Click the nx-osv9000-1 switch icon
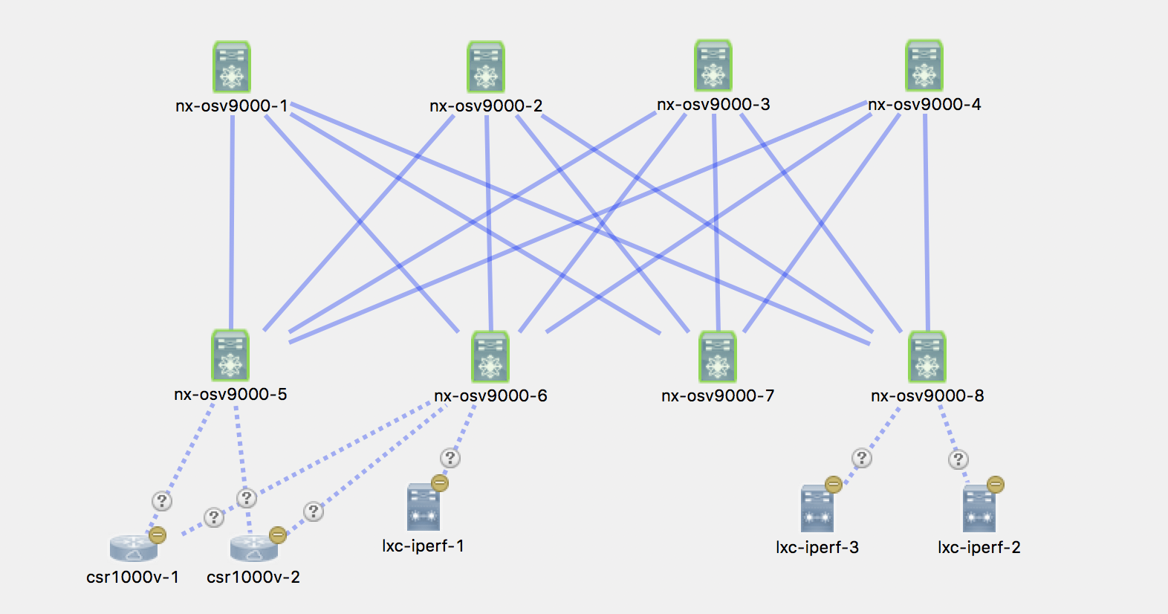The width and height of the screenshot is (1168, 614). tap(232, 67)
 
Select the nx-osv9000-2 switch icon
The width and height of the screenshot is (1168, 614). tap(486, 67)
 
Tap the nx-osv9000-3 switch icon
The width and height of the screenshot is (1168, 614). tap(713, 65)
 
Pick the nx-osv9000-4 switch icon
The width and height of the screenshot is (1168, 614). tap(924, 65)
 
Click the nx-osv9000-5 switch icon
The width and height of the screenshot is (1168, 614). tap(230, 355)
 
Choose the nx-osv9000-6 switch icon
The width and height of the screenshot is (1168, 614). tap(490, 357)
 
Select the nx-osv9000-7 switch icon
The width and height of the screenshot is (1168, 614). tap(718, 357)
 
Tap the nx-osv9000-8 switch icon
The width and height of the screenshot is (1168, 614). tap(927, 357)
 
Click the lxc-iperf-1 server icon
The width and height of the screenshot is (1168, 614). tap(424, 508)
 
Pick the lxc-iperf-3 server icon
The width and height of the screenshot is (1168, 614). tap(817, 510)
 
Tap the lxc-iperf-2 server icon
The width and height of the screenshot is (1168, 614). tap(979, 510)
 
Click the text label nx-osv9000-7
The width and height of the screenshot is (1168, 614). tap(718, 396)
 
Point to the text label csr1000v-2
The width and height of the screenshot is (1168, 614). tap(253, 578)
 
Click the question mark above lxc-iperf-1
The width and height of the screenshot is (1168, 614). tap(450, 458)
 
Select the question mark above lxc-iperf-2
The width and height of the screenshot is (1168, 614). tap(958, 459)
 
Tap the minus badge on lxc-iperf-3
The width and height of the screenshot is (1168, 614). tap(834, 485)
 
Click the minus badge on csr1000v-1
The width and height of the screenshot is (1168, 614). tap(158, 534)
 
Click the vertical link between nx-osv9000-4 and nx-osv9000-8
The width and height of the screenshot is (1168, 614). tap(926, 223)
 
